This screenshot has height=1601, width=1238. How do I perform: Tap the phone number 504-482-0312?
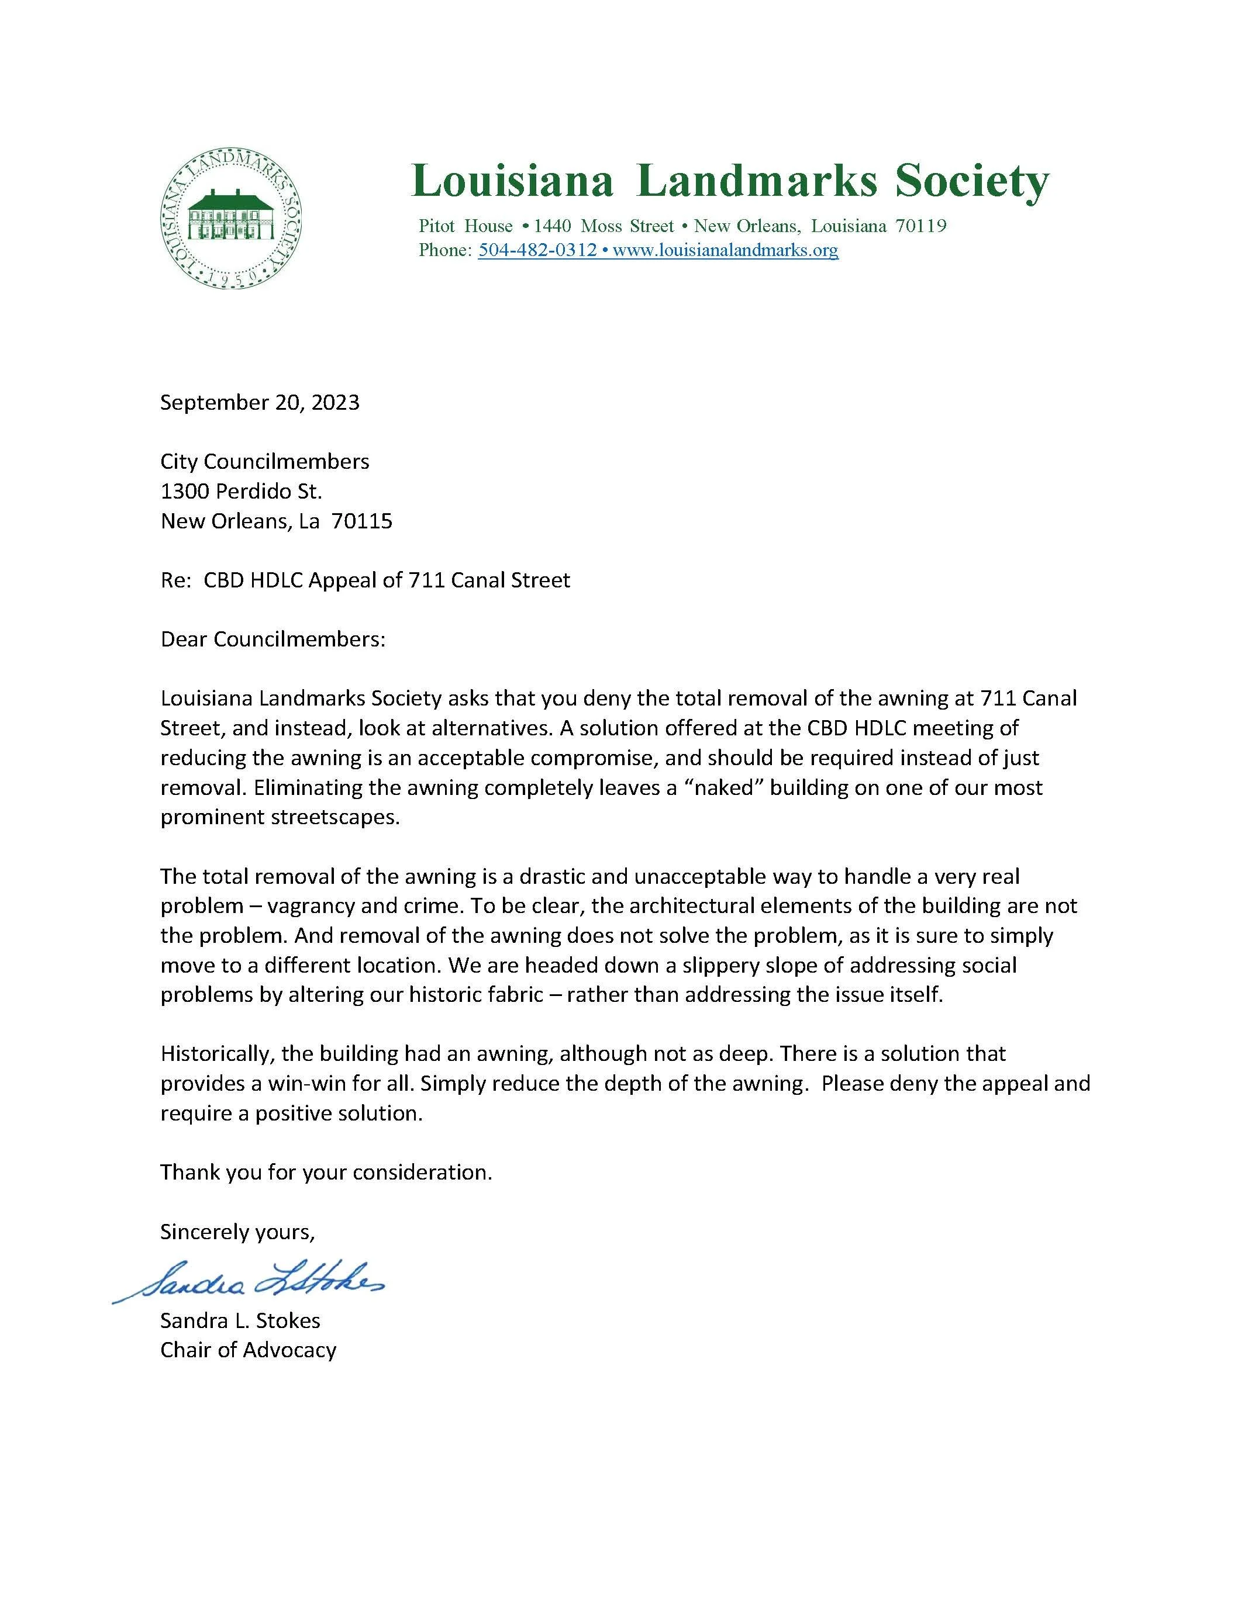point(537,250)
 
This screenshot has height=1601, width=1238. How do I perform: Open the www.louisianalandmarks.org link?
point(725,250)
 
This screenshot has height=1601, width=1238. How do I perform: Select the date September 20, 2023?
point(260,403)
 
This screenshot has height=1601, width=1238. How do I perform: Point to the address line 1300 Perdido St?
point(242,491)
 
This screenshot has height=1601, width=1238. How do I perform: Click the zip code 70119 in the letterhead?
point(921,226)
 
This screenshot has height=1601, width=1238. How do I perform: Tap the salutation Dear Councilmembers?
point(273,639)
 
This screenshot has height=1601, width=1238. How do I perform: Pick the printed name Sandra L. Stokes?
point(240,1320)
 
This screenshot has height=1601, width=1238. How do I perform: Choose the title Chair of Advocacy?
point(248,1350)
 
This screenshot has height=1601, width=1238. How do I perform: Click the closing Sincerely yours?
point(237,1232)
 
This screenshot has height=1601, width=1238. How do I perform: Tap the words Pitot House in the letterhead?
point(465,226)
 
